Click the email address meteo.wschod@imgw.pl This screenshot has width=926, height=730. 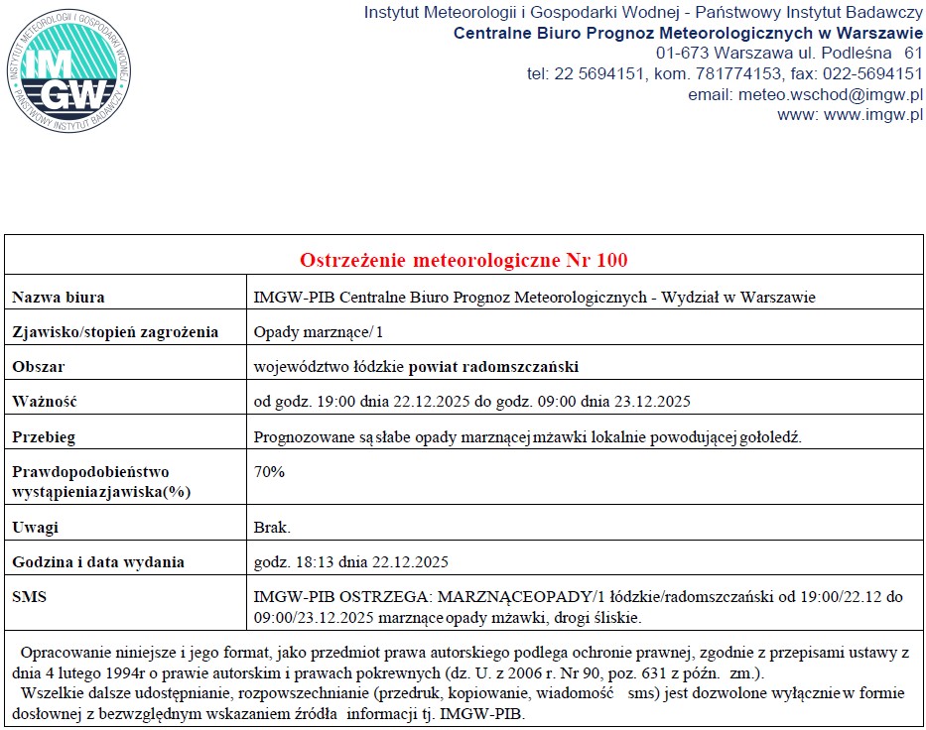830,95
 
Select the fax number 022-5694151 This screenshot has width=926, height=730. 869,73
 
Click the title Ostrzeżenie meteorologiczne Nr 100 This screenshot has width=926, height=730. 463,261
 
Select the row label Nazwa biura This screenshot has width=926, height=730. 59,298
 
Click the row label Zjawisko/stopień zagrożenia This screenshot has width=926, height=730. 115,332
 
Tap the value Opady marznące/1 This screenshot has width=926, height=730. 305,332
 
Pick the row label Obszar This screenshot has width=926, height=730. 39,367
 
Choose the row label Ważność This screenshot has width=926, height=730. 45,402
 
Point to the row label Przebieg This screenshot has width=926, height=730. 44,436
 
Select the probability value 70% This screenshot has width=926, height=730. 269,472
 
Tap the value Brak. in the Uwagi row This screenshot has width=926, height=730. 272,528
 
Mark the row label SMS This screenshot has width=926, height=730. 30,597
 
